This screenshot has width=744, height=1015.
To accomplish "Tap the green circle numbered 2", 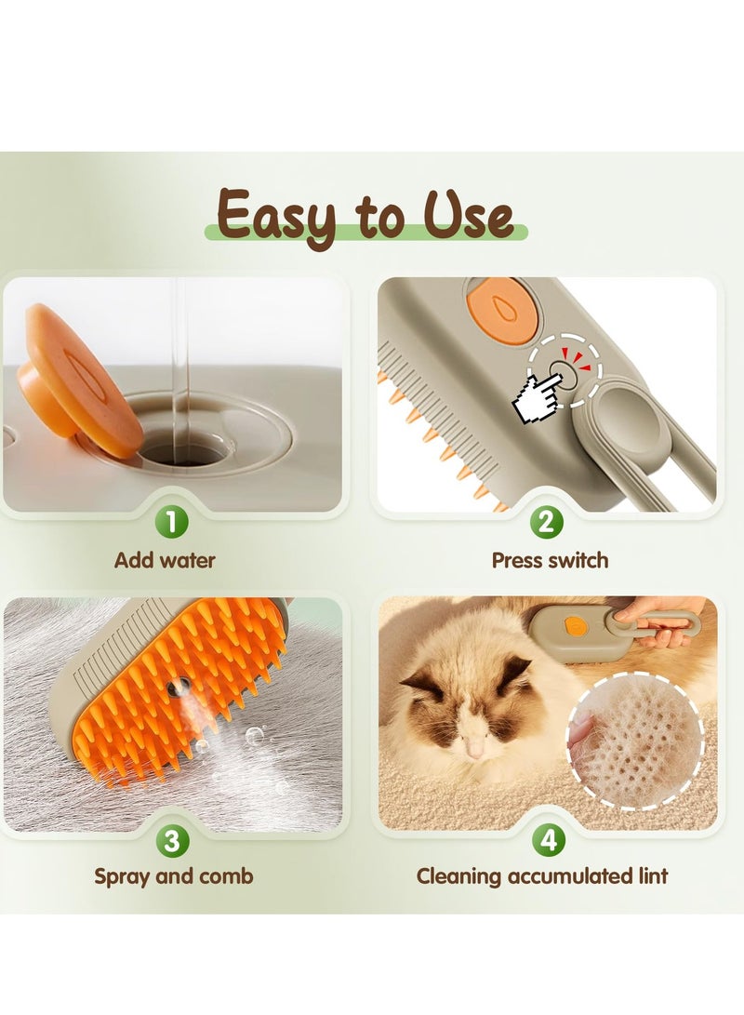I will (x=548, y=523).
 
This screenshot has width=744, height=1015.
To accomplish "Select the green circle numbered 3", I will (x=172, y=841).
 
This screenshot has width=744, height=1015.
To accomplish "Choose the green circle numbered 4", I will (x=549, y=841).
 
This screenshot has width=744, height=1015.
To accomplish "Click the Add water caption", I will (x=165, y=561).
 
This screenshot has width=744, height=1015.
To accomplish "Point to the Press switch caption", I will (x=550, y=561).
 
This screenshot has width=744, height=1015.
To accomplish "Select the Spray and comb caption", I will (x=173, y=876).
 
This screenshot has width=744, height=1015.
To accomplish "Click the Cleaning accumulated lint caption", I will (x=542, y=876).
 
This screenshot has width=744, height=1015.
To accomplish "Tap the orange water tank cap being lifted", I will (x=79, y=381).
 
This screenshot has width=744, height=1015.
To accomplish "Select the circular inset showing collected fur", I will (x=634, y=741).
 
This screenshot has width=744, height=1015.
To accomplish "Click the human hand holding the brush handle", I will (x=668, y=624).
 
